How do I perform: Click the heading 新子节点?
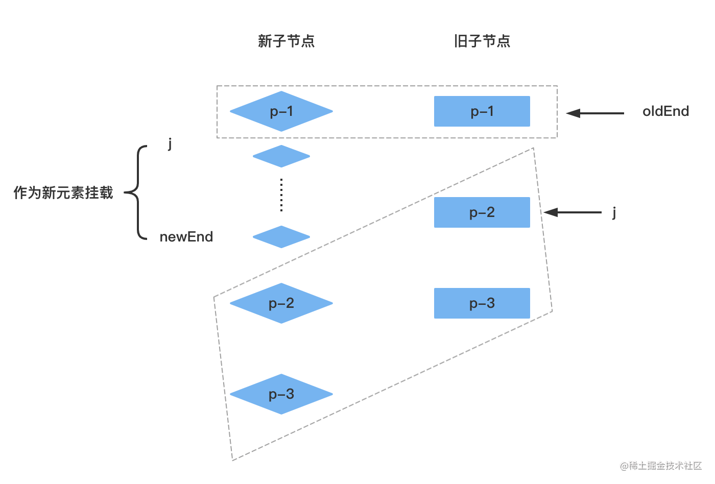pyautogui.click(x=286, y=41)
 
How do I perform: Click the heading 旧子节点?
pyautogui.click(x=482, y=41)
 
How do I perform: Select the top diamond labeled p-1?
pyautogui.click(x=281, y=111)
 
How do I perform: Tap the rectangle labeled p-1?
pyautogui.click(x=482, y=111)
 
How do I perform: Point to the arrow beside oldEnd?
pyautogui.click(x=595, y=113)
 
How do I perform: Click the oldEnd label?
pyautogui.click(x=665, y=111)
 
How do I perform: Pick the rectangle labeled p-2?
pyautogui.click(x=482, y=212)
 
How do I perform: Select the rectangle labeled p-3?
pyautogui.click(x=482, y=303)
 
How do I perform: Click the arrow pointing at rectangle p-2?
pyautogui.click(x=573, y=212)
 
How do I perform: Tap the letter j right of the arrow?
pyautogui.click(x=614, y=212)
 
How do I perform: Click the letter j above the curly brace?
pyautogui.click(x=170, y=143)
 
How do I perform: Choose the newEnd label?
pyautogui.click(x=186, y=237)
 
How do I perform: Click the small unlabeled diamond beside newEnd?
pyautogui.click(x=281, y=237)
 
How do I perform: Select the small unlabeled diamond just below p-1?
pyautogui.click(x=281, y=156)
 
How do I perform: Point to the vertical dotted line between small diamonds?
pyautogui.click(x=281, y=195)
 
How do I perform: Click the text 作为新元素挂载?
pyautogui.click(x=63, y=193)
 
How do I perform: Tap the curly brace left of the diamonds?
pyautogui.click(x=136, y=193)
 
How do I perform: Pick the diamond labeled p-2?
pyautogui.click(x=281, y=303)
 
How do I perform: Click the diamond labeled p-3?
pyautogui.click(x=281, y=394)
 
